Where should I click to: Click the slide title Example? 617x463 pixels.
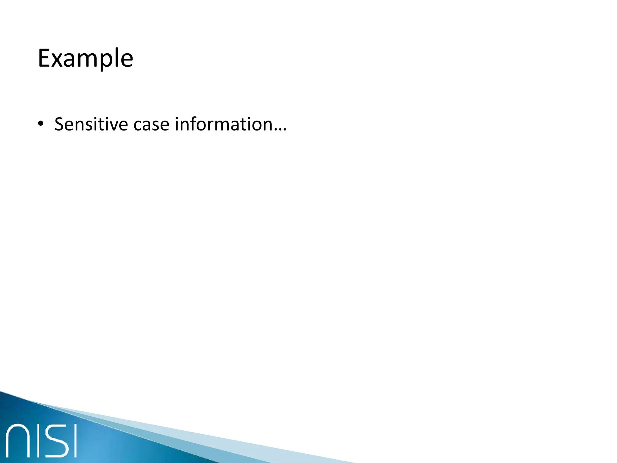[85, 58]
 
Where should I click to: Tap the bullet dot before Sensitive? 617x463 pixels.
[41, 124]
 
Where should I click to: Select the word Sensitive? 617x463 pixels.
[91, 124]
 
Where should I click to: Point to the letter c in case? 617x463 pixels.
[138, 126]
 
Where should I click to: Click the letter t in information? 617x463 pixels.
[241, 125]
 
